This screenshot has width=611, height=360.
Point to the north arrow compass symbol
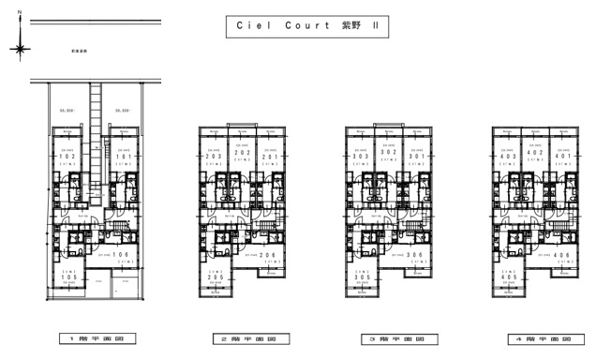point(21,44)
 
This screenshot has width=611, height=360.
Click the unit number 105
point(68,277)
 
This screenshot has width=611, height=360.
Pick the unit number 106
point(120,254)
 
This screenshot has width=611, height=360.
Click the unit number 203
point(215,157)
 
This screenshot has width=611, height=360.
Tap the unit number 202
point(241,157)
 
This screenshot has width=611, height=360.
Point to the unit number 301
point(413,157)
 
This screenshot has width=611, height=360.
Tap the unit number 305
point(361,277)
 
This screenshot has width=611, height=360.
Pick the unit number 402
point(533,157)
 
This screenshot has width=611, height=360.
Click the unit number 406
point(559,254)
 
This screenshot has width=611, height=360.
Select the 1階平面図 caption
point(96,338)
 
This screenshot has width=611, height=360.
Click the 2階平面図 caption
point(241,338)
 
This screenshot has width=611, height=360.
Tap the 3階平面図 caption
point(387,338)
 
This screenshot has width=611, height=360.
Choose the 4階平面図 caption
point(533,338)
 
